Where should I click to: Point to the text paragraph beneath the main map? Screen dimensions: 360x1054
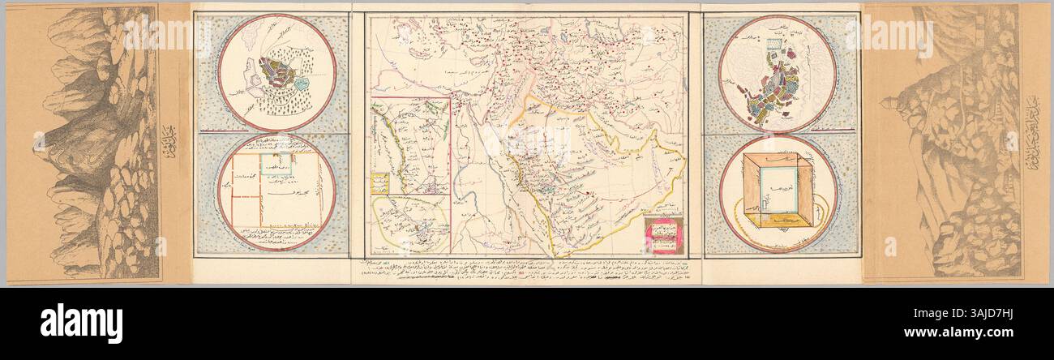coord(527,272)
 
